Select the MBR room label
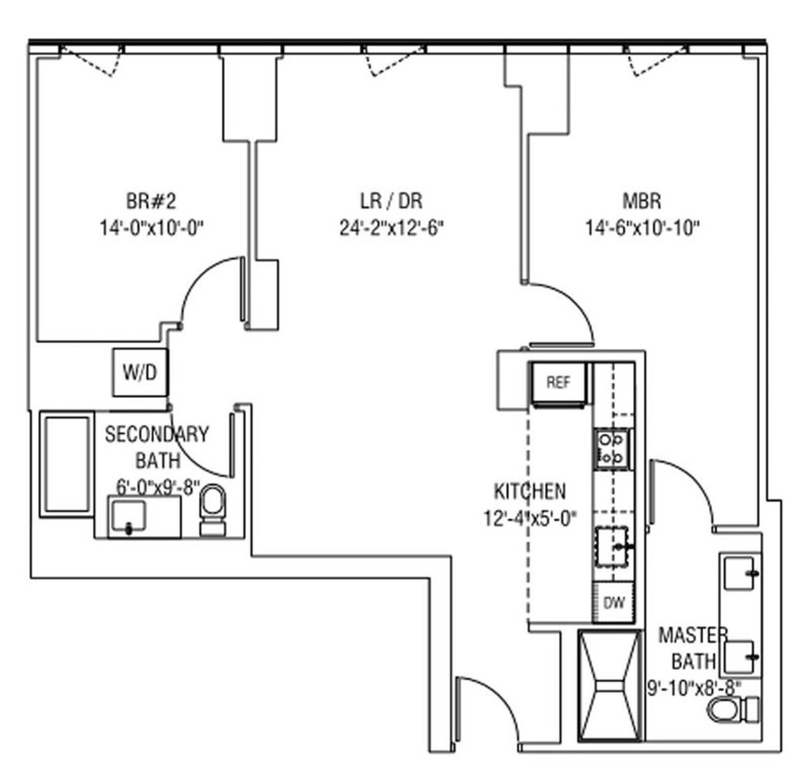642,201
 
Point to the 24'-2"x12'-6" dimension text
392,228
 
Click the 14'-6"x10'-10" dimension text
642,228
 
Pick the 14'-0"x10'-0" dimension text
151,228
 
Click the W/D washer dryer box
139,372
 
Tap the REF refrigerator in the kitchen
558,383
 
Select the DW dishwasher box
614,603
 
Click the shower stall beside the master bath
608,685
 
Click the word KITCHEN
529,491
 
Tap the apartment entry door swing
488,705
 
